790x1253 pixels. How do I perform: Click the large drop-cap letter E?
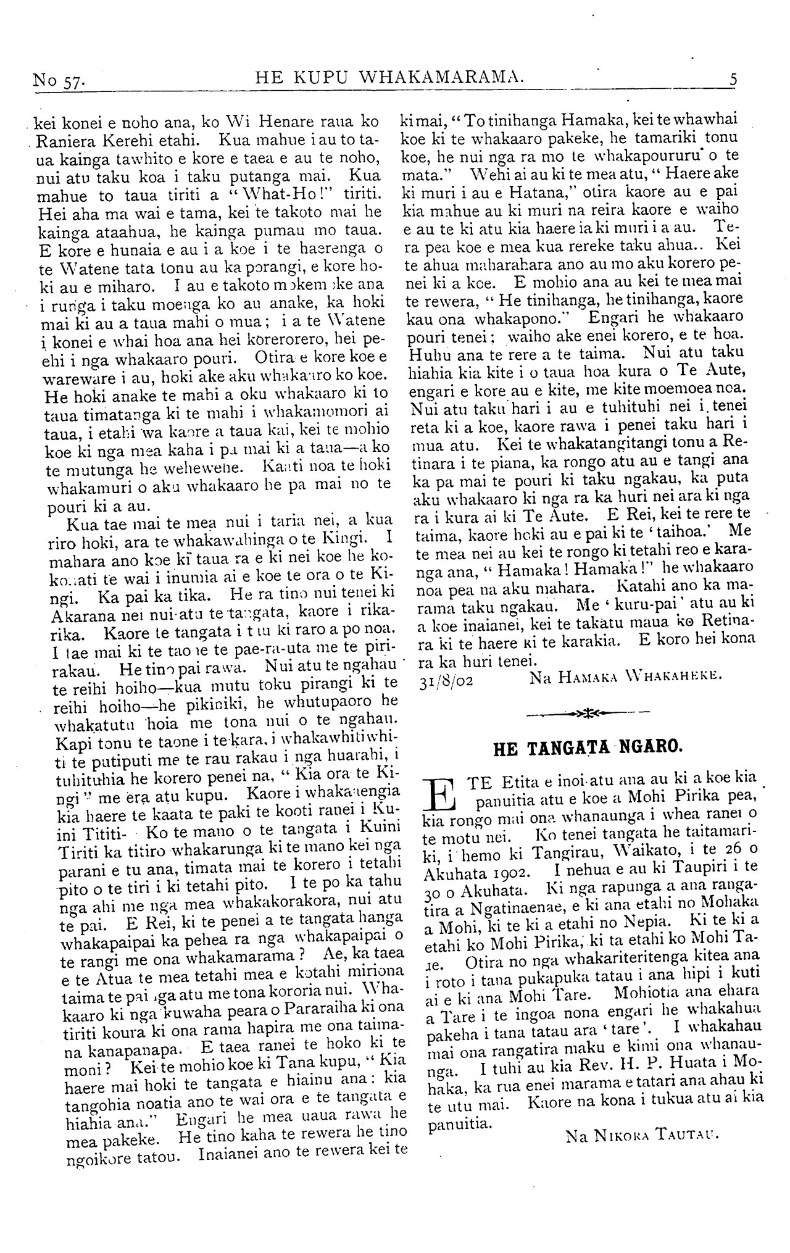[441, 800]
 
